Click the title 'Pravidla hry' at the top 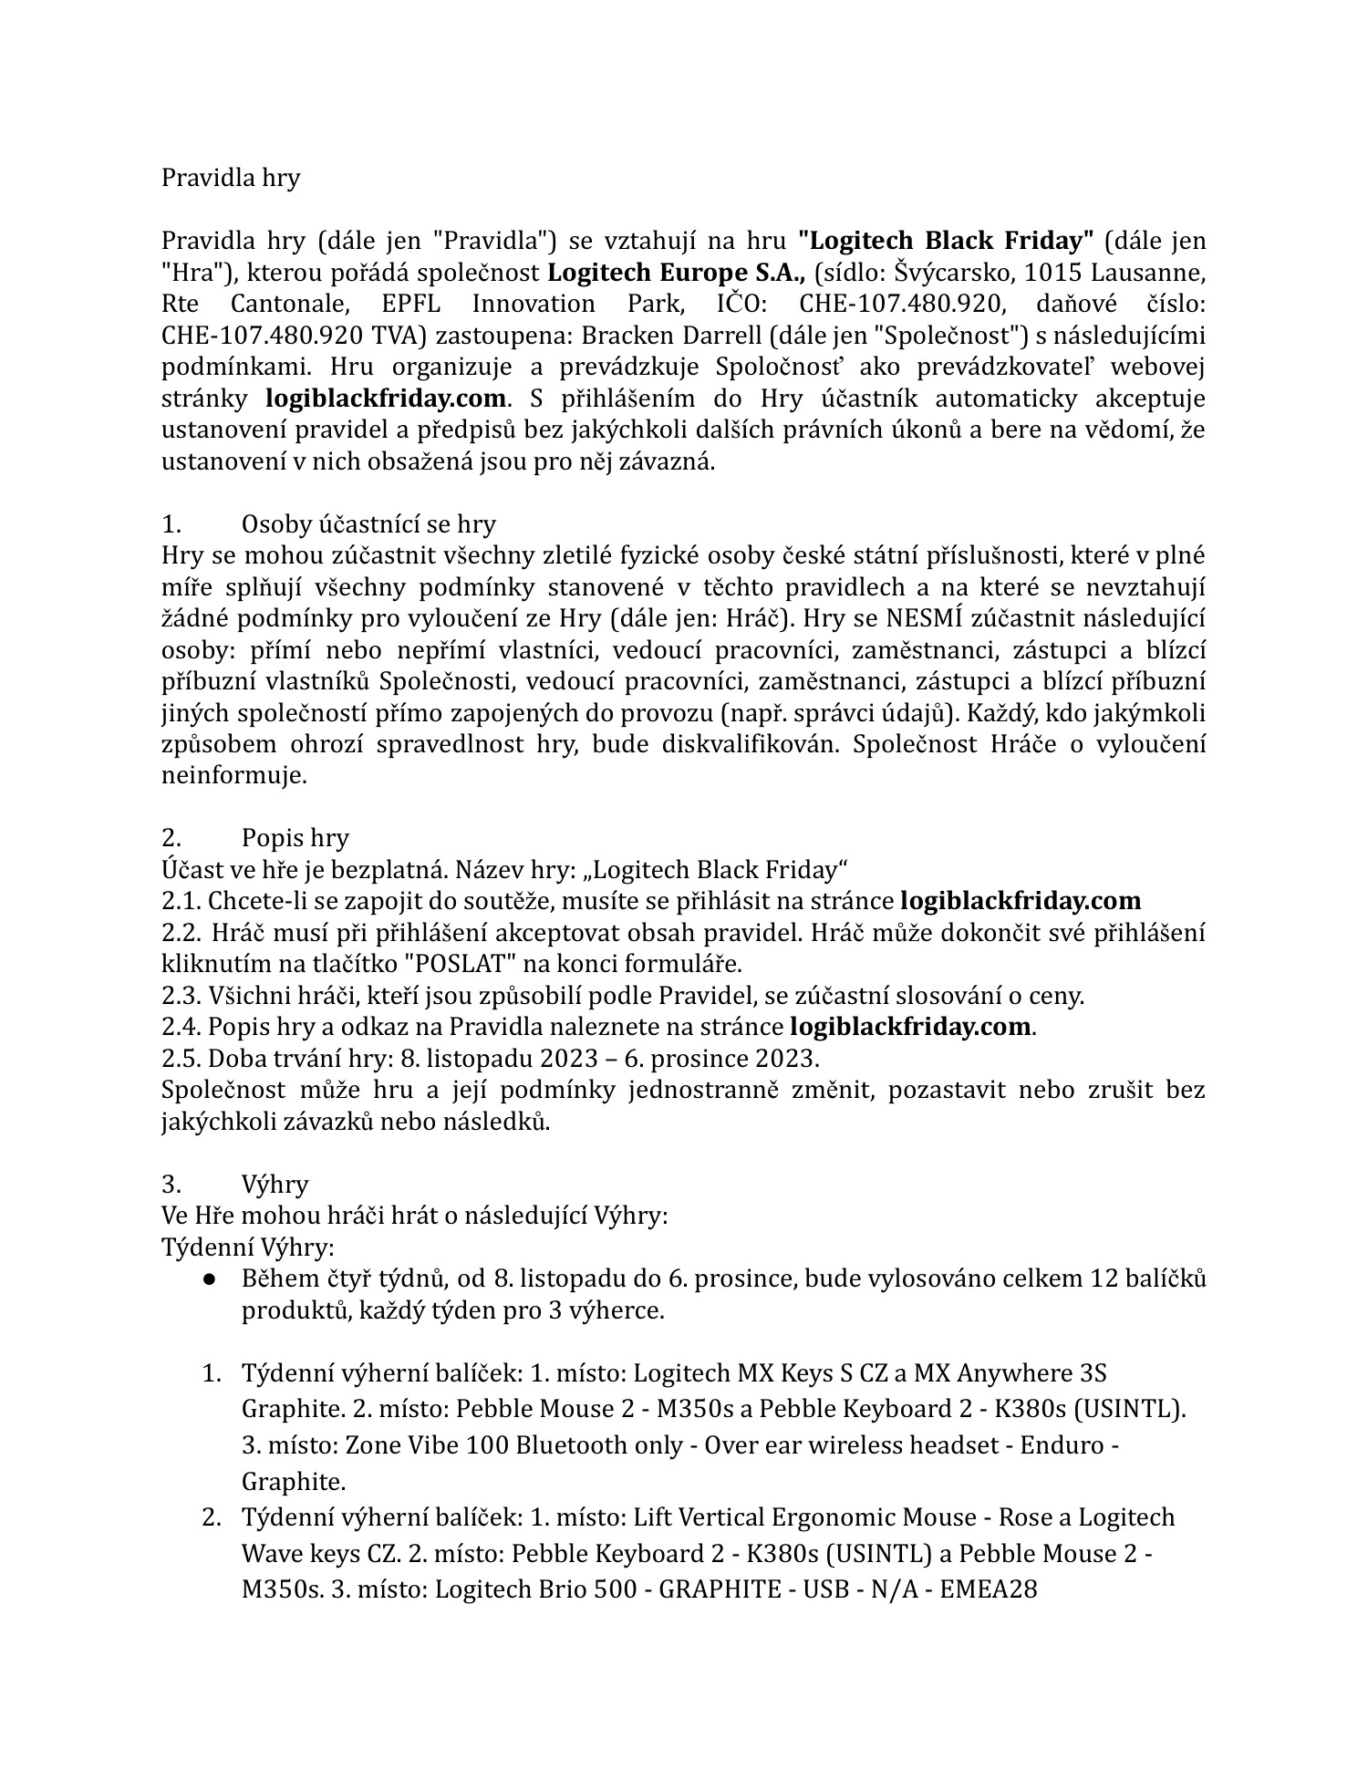(230, 178)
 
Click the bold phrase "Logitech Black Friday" (946, 241)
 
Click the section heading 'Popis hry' (295, 838)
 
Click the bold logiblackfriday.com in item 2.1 (1020, 901)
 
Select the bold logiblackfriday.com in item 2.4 (909, 1027)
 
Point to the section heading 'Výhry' (275, 1185)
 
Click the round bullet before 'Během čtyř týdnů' (210, 1279)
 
